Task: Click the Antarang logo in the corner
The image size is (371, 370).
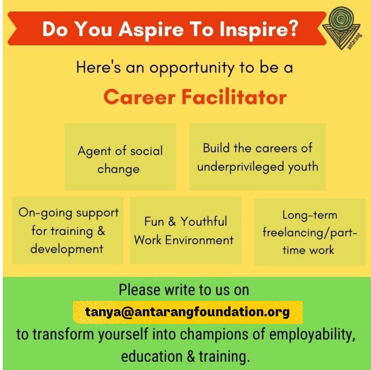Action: (342, 28)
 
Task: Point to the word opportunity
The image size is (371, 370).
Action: (192, 68)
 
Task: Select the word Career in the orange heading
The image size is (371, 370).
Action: (140, 97)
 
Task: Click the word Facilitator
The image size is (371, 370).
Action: (234, 97)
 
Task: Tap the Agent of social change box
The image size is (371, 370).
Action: (120, 157)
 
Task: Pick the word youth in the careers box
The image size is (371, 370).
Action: (303, 167)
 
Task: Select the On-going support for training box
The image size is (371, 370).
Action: (68, 230)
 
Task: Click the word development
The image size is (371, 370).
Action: (67, 249)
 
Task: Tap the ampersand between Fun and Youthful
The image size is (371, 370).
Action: (172, 221)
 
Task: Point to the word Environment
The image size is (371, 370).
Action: (199, 240)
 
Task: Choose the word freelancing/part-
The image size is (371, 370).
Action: (310, 232)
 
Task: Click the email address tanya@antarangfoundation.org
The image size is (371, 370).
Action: (188, 312)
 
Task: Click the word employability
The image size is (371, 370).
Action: (312, 334)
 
